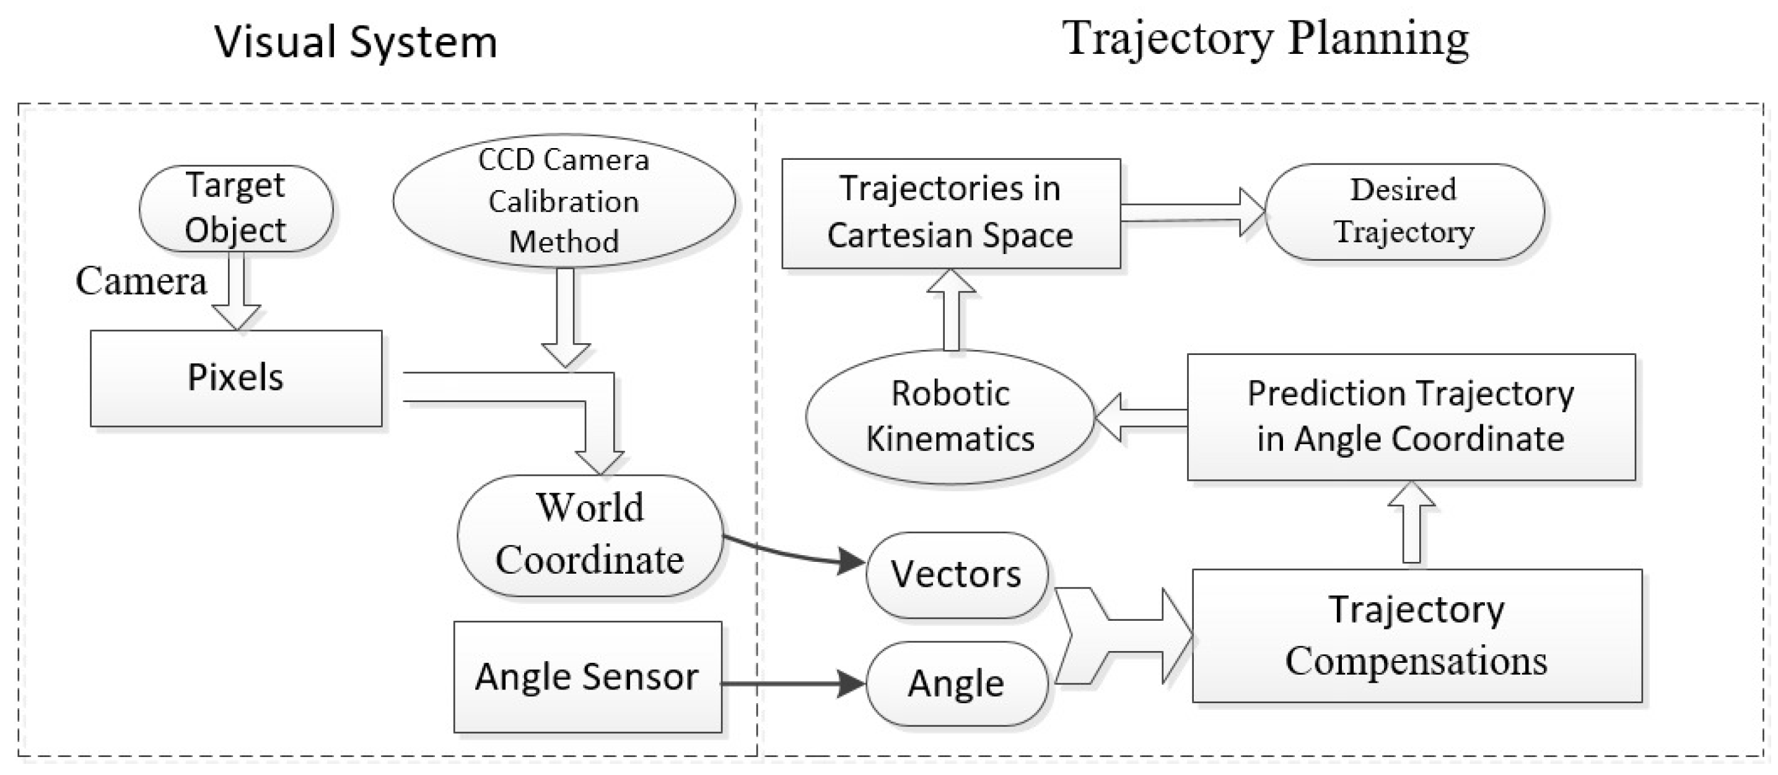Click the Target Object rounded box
pos(235,208)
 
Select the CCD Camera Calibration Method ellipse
pos(563,201)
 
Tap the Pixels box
pos(235,378)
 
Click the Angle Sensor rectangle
pos(587,676)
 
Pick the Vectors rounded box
pos(956,574)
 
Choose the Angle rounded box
pos(956,684)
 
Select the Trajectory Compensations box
pos(1416,636)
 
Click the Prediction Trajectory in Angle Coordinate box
pos(1410,417)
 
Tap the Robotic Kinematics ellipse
pos(950,416)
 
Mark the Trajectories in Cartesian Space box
pos(950,212)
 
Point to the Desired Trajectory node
pos(1403,211)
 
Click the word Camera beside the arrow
pos(141,281)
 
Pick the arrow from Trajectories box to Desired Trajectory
pos(1191,212)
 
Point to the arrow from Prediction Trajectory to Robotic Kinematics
pos(1141,417)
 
